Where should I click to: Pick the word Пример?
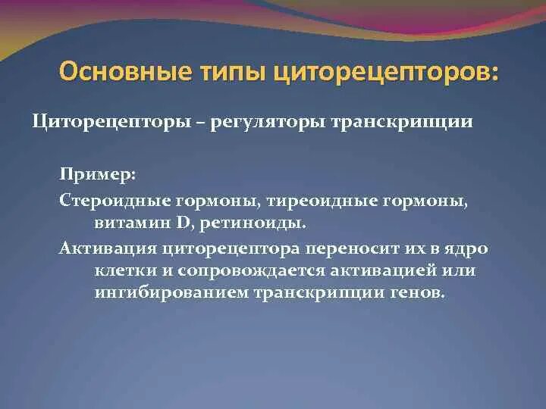(x=97, y=175)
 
